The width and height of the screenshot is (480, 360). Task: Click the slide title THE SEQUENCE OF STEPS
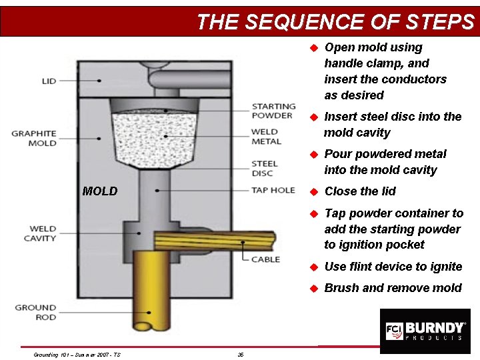335,22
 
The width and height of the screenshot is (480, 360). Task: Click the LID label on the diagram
49,81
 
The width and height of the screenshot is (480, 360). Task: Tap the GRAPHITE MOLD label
34,138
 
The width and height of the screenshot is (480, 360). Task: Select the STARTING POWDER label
273,111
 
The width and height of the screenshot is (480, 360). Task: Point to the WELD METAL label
266,137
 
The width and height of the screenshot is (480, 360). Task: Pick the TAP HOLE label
273,190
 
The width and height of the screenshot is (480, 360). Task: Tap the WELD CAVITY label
41,233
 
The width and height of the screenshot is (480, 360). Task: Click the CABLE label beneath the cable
265,259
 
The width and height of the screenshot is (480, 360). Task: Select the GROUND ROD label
36,312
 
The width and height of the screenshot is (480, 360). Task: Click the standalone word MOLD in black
100,192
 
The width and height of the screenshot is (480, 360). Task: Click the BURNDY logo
424,331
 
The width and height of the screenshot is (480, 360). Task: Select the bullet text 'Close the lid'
360,191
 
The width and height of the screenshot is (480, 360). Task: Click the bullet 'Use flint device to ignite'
393,267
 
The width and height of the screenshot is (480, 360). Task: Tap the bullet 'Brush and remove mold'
393,288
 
